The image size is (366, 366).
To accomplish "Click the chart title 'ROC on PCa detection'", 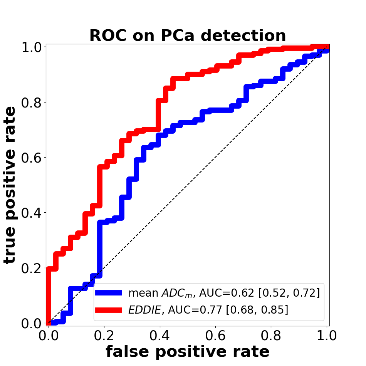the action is click(188, 35).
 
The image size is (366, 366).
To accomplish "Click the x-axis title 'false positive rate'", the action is click(188, 351).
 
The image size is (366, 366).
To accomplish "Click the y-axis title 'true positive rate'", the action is click(10, 185).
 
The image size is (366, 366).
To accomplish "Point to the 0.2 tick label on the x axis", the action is click(104, 336).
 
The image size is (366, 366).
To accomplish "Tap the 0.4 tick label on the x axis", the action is click(159, 336).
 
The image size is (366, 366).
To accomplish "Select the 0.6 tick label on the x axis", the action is click(215, 336).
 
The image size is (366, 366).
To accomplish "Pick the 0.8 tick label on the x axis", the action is click(271, 336).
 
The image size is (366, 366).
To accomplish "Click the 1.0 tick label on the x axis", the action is click(327, 336).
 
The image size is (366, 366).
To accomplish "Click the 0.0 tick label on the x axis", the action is click(48, 336).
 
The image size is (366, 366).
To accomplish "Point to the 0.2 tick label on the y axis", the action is click(31, 268).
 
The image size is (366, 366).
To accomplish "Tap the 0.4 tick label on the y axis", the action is click(31, 213).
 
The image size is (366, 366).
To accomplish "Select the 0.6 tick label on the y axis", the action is click(31, 158).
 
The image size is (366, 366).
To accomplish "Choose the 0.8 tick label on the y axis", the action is click(31, 102).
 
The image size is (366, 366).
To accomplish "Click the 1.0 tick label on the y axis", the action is click(31, 47).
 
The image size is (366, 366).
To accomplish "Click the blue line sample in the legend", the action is click(109, 293).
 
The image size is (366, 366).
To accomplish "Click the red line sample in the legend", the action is click(109, 310).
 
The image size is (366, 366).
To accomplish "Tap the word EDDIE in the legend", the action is click(145, 310).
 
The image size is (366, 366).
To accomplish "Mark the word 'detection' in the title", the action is click(243, 35).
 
